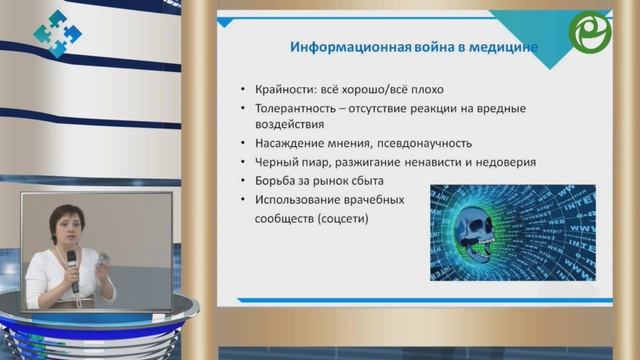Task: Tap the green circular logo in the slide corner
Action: point(589,33)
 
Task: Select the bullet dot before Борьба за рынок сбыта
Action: point(245,181)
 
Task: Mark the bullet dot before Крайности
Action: point(245,89)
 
